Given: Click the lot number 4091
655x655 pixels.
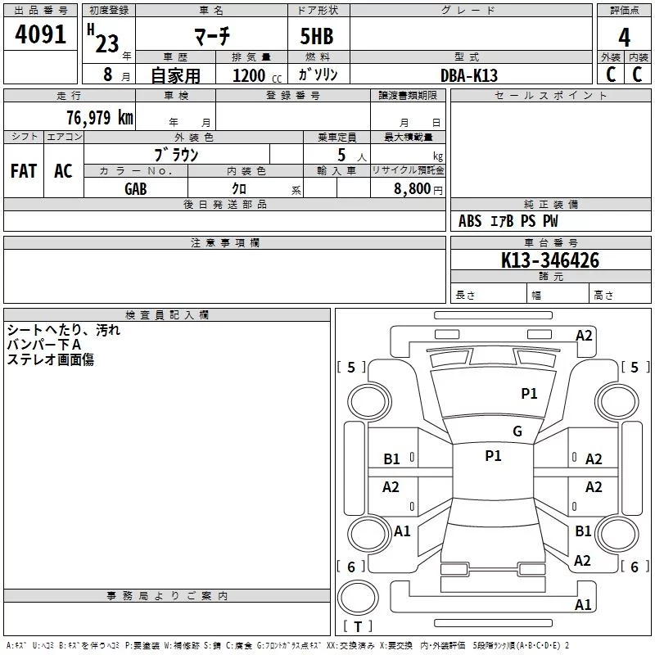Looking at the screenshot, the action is (x=40, y=34).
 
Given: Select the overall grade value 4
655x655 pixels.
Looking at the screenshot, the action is (x=624, y=38).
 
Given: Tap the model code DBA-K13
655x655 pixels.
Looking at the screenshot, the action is (x=469, y=75).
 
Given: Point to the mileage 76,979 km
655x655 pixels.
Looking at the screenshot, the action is (x=100, y=117).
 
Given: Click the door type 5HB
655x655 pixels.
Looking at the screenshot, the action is (x=317, y=36).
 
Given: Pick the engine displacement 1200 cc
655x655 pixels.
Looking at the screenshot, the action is (x=257, y=75).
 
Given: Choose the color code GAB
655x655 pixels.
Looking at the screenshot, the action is (x=136, y=189).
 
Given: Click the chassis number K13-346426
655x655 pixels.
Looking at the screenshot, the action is (x=550, y=260).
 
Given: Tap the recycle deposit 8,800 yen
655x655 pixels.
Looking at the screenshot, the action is (x=418, y=189).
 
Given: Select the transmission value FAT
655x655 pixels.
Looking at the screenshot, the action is (x=24, y=171).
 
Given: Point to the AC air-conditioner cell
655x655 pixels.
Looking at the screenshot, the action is (x=64, y=171).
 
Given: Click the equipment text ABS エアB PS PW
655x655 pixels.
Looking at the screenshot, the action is (x=508, y=221).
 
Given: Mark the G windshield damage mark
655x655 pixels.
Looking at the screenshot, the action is (x=517, y=431).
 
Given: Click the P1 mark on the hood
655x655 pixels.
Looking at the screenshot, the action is (x=529, y=393).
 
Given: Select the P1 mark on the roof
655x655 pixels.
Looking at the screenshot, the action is (x=494, y=455).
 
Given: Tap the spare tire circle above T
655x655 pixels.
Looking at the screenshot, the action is (x=358, y=598).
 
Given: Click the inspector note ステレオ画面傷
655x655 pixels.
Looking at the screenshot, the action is (x=51, y=359).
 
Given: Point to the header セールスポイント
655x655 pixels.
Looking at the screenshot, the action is (x=550, y=96).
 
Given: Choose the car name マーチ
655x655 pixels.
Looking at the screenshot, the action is (x=212, y=36).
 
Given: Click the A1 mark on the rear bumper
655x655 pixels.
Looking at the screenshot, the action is (x=583, y=604).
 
